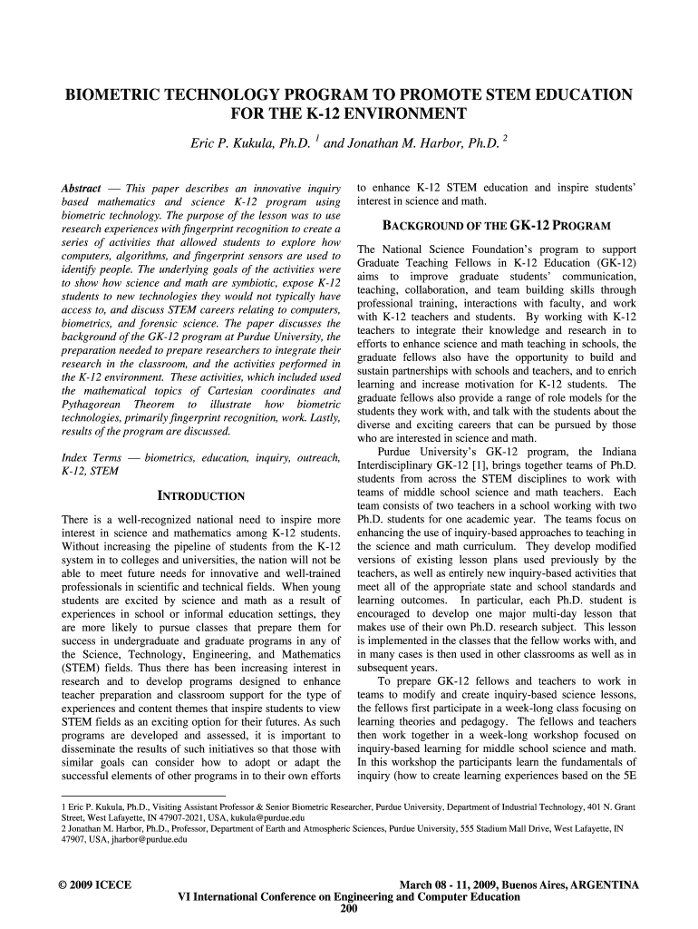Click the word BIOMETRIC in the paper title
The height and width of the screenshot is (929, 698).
click(110, 95)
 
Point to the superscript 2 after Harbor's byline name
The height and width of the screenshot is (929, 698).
click(504, 139)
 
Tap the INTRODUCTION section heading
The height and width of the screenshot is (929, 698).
click(201, 496)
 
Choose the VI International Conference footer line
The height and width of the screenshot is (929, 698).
click(349, 896)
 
